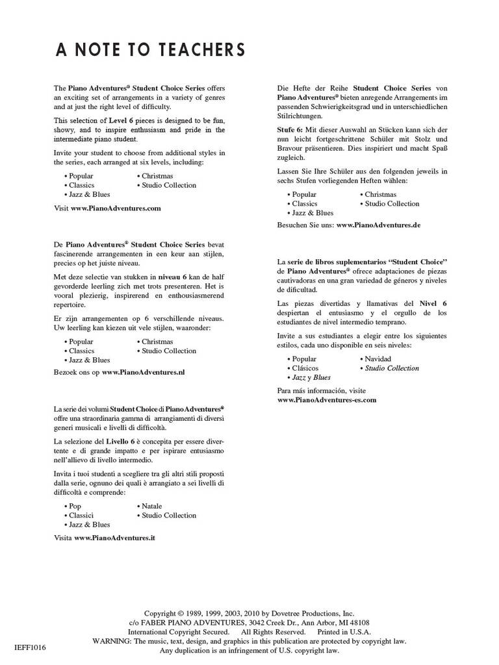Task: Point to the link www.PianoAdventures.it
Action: coord(114,538)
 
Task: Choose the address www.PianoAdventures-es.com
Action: coord(327,400)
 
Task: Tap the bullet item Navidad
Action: coord(378,358)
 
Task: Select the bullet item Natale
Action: coord(151,506)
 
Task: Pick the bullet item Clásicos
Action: coord(305,368)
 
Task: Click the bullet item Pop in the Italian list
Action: coord(75,506)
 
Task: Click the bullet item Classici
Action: coord(81,515)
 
